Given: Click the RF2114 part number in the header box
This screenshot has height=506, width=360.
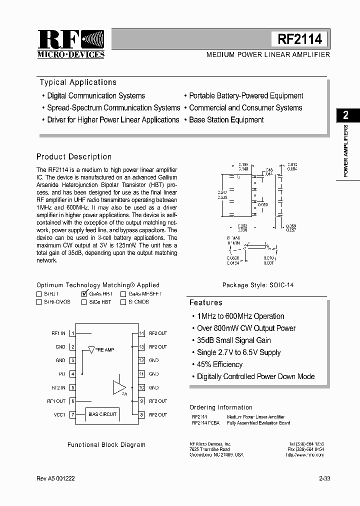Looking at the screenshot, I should (299, 39).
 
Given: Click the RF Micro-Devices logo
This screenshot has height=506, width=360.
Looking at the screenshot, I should (70, 44).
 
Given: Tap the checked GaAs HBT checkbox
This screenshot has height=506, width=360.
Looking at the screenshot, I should (83, 294).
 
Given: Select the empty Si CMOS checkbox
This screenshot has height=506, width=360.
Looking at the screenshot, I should (123, 302).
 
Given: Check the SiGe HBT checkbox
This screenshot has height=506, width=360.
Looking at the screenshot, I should (83, 302).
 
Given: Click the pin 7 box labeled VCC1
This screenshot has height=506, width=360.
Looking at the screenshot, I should (72, 414).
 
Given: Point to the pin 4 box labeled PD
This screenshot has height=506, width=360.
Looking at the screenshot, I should (72, 373).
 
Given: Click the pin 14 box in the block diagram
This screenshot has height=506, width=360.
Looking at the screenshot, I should (142, 333).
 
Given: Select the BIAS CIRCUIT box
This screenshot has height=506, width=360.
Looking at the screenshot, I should (102, 414).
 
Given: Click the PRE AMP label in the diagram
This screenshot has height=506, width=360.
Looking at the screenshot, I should (104, 350).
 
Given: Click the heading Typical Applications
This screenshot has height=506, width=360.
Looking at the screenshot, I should (78, 82).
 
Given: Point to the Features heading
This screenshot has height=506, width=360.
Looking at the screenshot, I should (205, 302).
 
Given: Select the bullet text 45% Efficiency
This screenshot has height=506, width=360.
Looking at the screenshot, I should (219, 364).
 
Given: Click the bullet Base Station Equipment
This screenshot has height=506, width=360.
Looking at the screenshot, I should (226, 120).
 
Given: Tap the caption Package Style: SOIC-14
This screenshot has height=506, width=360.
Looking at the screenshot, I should (258, 285).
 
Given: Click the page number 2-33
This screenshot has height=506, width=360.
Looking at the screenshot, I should (324, 478).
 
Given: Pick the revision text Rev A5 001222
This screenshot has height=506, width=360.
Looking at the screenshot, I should (55, 478).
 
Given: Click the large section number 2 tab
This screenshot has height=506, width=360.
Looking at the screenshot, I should (345, 115).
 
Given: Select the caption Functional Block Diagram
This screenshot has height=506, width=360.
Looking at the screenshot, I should (106, 444).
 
